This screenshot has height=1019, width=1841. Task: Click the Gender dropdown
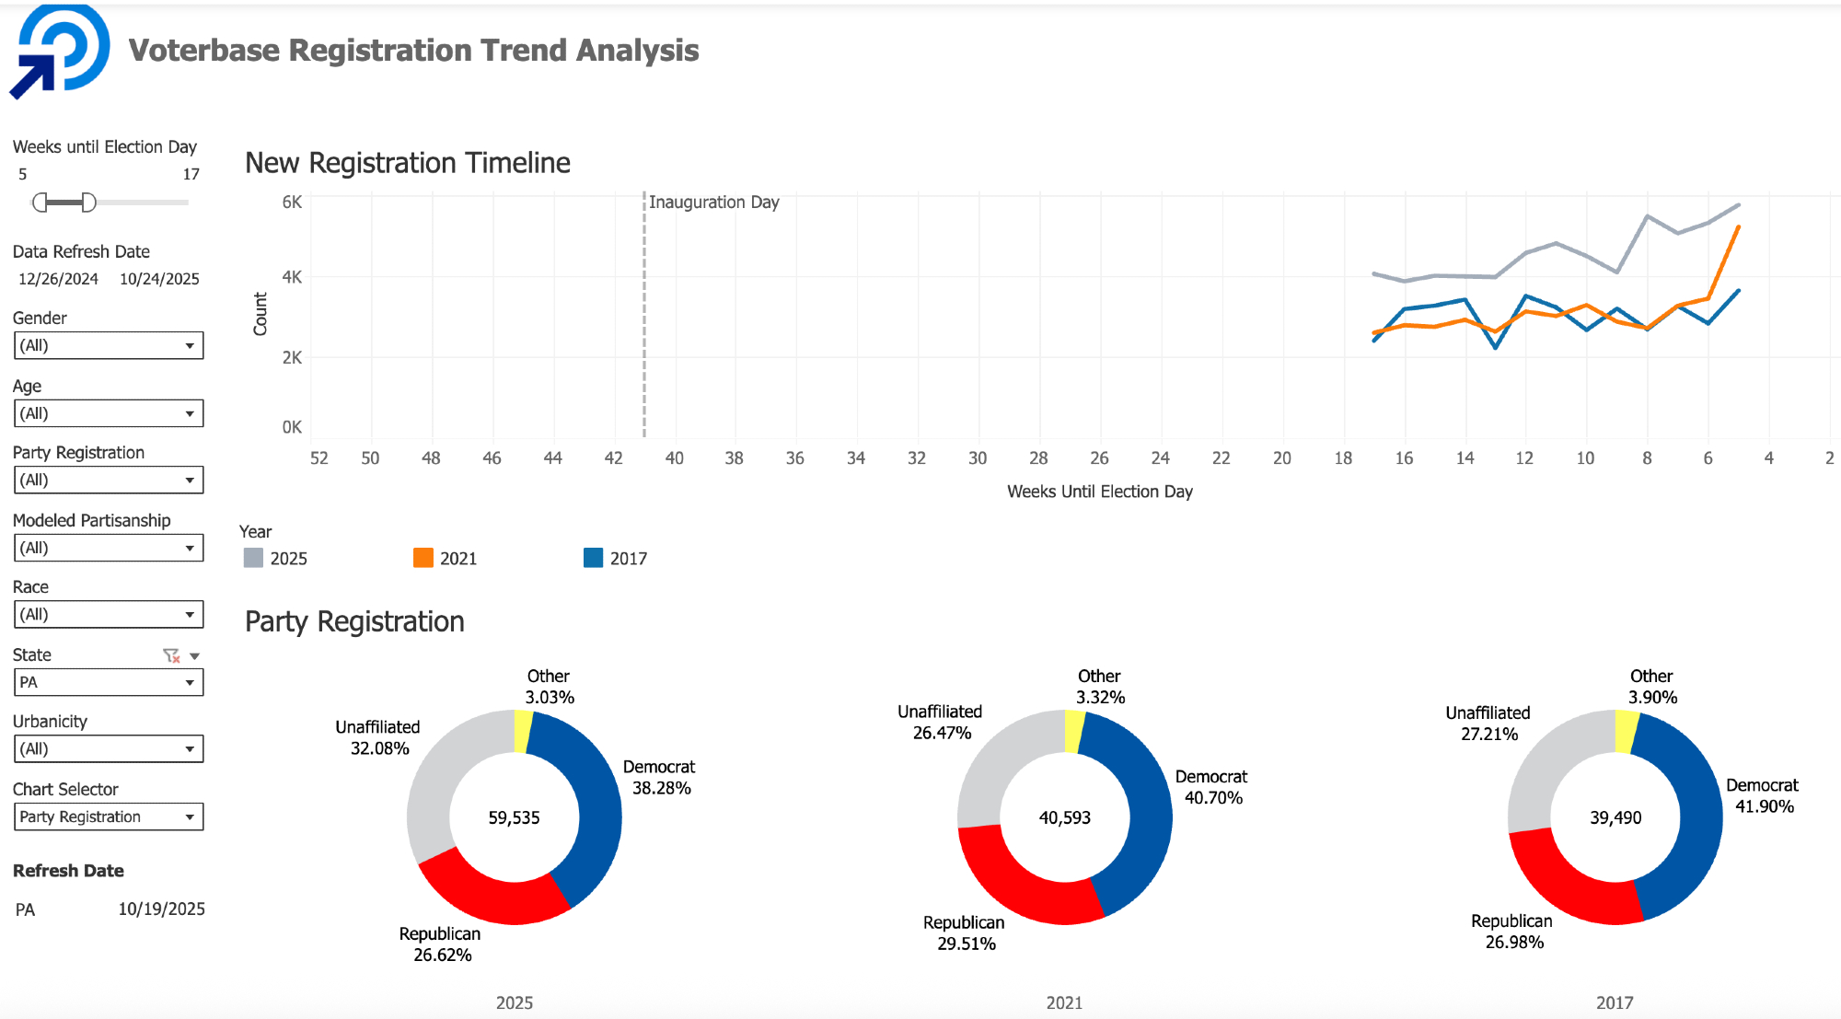pyautogui.click(x=109, y=345)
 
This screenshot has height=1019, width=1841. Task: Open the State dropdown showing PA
pyautogui.click(x=109, y=682)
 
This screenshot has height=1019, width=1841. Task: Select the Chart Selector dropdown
pyautogui.click(x=109, y=816)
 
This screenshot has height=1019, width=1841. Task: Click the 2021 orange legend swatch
pyautogui.click(x=423, y=558)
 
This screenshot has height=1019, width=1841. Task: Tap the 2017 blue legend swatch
pyautogui.click(x=593, y=558)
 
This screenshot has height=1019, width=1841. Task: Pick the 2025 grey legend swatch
pyautogui.click(x=253, y=558)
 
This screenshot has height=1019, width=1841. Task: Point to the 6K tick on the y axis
pyautogui.click(x=292, y=202)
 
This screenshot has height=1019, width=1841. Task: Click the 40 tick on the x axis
pyautogui.click(x=674, y=457)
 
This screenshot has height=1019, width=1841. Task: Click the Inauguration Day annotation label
pyautogui.click(x=713, y=202)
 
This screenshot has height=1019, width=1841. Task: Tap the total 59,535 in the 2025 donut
pyautogui.click(x=514, y=817)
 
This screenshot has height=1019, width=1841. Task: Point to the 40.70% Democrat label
pyautogui.click(x=1213, y=798)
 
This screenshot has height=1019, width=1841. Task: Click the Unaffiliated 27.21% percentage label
pyautogui.click(x=1488, y=734)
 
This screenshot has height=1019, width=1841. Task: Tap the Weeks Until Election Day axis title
pyautogui.click(x=1099, y=492)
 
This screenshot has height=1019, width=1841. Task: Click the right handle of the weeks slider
pyautogui.click(x=88, y=203)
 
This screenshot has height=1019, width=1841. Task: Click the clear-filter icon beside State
pyautogui.click(x=171, y=655)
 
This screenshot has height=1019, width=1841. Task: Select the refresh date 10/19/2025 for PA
pyautogui.click(x=161, y=909)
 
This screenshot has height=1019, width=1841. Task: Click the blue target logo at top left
pyautogui.click(x=63, y=51)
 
